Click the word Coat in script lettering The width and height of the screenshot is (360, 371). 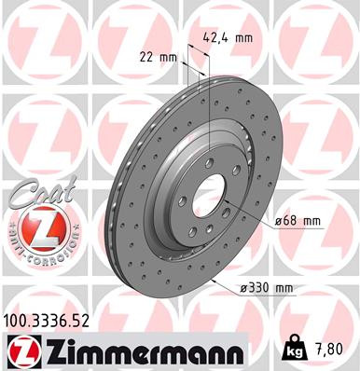click(x=34, y=192)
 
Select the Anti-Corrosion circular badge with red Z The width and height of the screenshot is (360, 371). click(x=34, y=227)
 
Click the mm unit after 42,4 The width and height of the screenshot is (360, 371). click(x=245, y=39)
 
